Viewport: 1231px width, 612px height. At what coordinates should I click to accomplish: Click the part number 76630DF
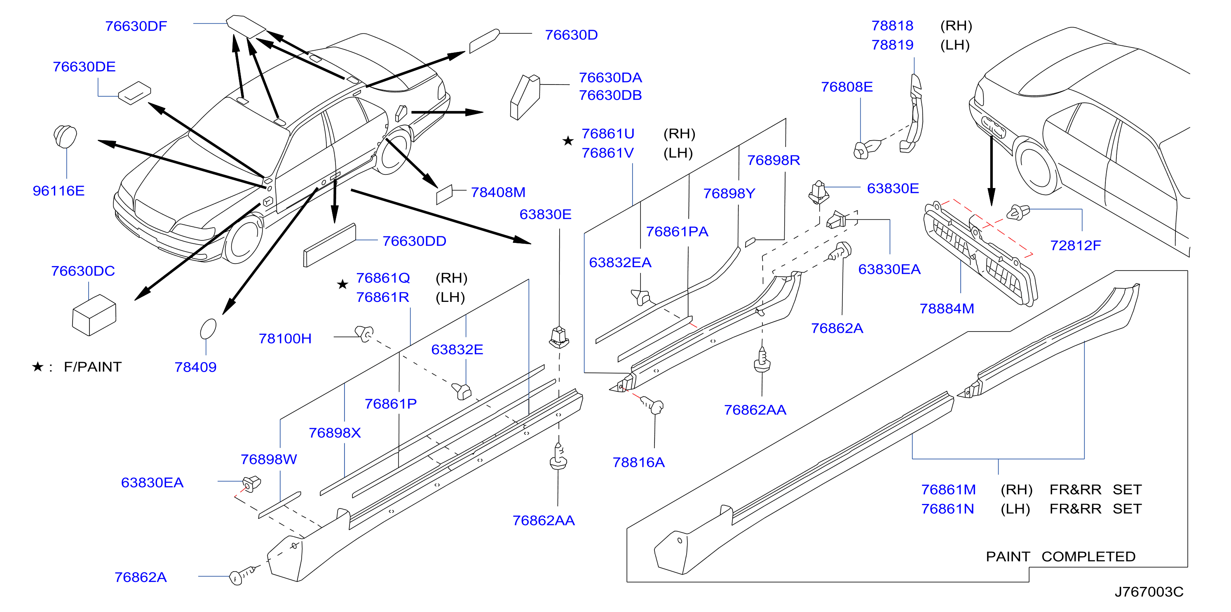136,26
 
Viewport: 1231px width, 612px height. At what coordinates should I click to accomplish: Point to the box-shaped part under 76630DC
94,315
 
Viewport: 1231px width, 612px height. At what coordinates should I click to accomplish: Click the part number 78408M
498,192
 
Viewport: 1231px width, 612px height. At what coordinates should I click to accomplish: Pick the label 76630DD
414,241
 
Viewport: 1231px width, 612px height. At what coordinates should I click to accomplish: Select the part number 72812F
1075,245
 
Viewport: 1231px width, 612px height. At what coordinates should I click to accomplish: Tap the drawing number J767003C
1149,592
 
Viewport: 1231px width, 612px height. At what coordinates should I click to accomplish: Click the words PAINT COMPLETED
1060,557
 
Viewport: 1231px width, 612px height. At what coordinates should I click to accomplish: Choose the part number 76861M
948,490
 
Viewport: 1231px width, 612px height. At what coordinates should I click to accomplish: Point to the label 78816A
638,462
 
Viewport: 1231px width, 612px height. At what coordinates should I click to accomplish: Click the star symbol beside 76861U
568,141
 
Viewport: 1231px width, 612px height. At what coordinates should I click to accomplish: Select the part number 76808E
847,87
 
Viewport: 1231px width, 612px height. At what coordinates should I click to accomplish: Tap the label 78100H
285,339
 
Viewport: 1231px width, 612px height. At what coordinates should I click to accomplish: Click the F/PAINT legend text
93,367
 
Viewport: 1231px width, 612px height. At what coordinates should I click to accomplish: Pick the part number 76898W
269,459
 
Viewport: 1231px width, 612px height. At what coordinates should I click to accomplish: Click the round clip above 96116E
65,136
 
